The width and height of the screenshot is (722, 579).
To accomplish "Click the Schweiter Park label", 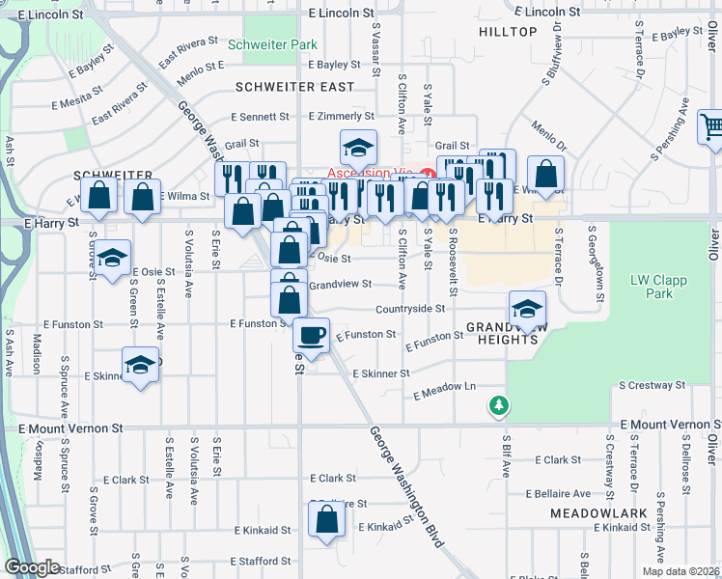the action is [272, 44].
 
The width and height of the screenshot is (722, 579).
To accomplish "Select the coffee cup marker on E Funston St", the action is [311, 336].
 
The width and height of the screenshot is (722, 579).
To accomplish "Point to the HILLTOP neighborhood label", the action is [508, 32].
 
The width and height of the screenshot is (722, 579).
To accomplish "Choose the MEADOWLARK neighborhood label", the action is [592, 513].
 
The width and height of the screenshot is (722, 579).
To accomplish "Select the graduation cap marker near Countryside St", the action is [527, 310].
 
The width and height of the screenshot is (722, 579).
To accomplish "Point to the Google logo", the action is [32, 567].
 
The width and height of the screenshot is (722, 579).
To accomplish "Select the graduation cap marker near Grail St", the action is [357, 148].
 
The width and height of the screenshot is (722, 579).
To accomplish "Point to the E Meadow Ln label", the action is [445, 391].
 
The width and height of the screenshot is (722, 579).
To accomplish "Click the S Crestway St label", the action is [652, 385].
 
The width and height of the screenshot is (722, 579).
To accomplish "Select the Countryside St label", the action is [410, 309].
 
